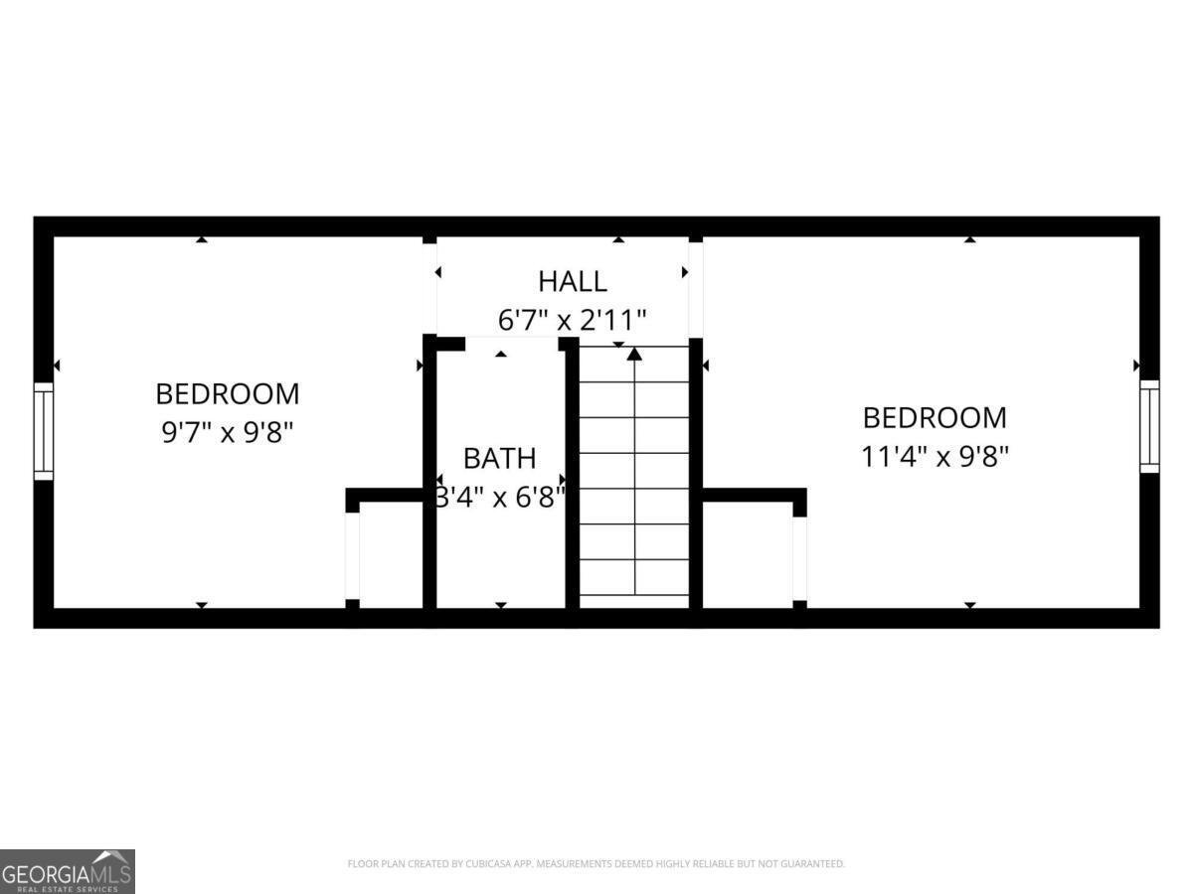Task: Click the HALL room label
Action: (573, 281)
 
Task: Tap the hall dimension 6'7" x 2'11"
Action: (573, 320)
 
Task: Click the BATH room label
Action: (499, 458)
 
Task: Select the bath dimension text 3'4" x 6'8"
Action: (501, 494)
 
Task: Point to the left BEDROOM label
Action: (228, 393)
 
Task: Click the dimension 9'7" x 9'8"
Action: (227, 433)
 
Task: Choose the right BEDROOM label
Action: (935, 417)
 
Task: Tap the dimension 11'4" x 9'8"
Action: (935, 456)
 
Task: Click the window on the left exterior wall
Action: (44, 431)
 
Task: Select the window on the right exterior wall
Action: (1149, 425)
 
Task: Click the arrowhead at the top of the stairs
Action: (634, 353)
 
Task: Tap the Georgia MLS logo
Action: (67, 871)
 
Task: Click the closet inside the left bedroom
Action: (390, 553)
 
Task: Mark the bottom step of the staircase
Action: (634, 594)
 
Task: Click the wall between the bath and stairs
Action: (573, 477)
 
